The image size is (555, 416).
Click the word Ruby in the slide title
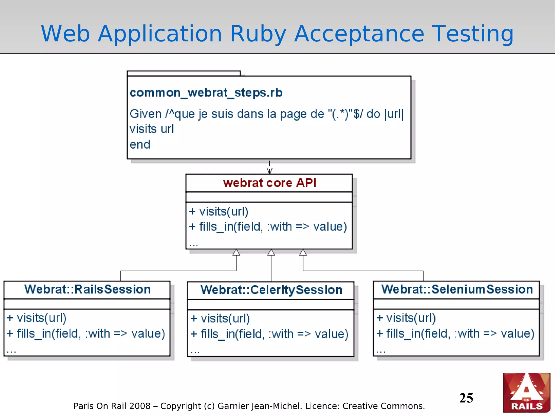pyautogui.click(x=258, y=34)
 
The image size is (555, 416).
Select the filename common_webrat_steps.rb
pyautogui.click(x=206, y=93)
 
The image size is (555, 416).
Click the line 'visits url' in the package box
pyautogui.click(x=152, y=129)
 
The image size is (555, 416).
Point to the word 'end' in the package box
pyautogui.click(x=140, y=144)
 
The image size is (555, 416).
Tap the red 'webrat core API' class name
pyautogui.click(x=269, y=183)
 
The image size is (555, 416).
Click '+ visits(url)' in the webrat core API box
pyautogui.click(x=219, y=211)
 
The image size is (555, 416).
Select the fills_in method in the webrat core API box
pyautogui.click(x=268, y=227)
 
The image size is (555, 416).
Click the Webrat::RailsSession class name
pyautogui.click(x=87, y=289)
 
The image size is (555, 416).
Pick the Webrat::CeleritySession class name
pyautogui.click(x=271, y=290)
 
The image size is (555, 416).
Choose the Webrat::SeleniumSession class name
pyautogui.click(x=457, y=289)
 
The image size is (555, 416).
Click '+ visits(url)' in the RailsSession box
pyautogui.click(x=37, y=318)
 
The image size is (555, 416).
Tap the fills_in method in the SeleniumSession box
pyautogui.click(x=455, y=334)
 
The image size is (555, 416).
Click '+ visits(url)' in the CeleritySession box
pyautogui.click(x=220, y=318)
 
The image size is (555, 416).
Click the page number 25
pyautogui.click(x=466, y=398)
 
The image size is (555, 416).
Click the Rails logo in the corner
pyautogui.click(x=527, y=393)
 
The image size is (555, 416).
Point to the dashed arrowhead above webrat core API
pyautogui.click(x=269, y=171)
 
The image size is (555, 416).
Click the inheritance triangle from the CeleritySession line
pyautogui.click(x=271, y=253)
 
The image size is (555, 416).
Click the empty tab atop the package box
pyautogui.click(x=183, y=73)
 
